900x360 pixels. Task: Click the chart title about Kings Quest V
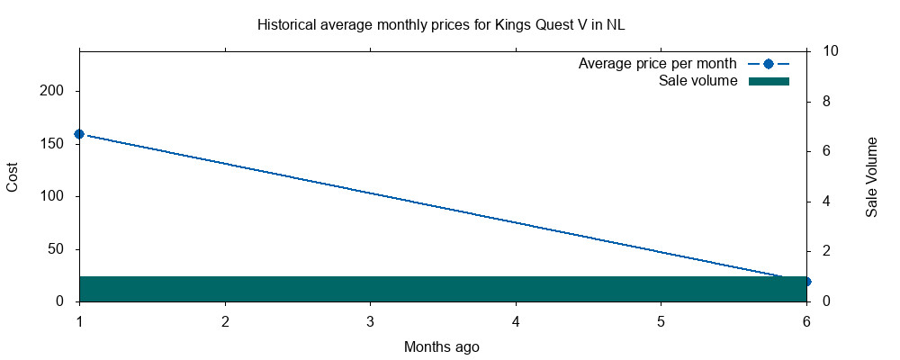pyautogui.click(x=441, y=24)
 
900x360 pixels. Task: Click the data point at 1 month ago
pyautogui.click(x=79, y=134)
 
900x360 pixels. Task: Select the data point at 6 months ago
pyautogui.click(x=806, y=282)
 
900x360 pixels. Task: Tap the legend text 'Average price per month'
pyautogui.click(x=658, y=64)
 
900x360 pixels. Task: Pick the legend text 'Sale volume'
pyautogui.click(x=698, y=81)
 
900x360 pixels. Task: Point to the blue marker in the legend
pyautogui.click(x=768, y=64)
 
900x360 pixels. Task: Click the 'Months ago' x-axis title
pyautogui.click(x=442, y=346)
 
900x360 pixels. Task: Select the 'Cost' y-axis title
pyautogui.click(x=13, y=175)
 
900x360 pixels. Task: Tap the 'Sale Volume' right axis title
pyautogui.click(x=872, y=176)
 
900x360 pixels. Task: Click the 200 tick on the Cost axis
pyautogui.click(x=57, y=92)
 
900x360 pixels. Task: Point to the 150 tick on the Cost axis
pyautogui.click(x=57, y=144)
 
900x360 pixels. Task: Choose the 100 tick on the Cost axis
pyautogui.click(x=57, y=196)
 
